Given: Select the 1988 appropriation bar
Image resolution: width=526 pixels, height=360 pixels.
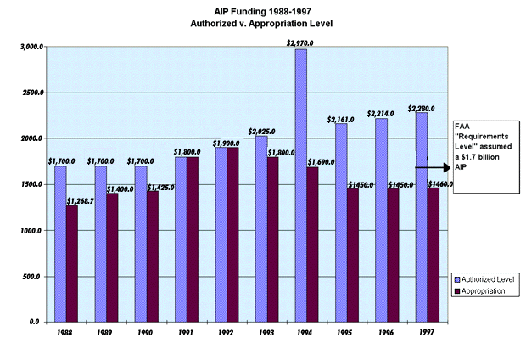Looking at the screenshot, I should pos(71,263).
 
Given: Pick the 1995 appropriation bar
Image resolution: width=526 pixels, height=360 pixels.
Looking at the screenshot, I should pos(352,255).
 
